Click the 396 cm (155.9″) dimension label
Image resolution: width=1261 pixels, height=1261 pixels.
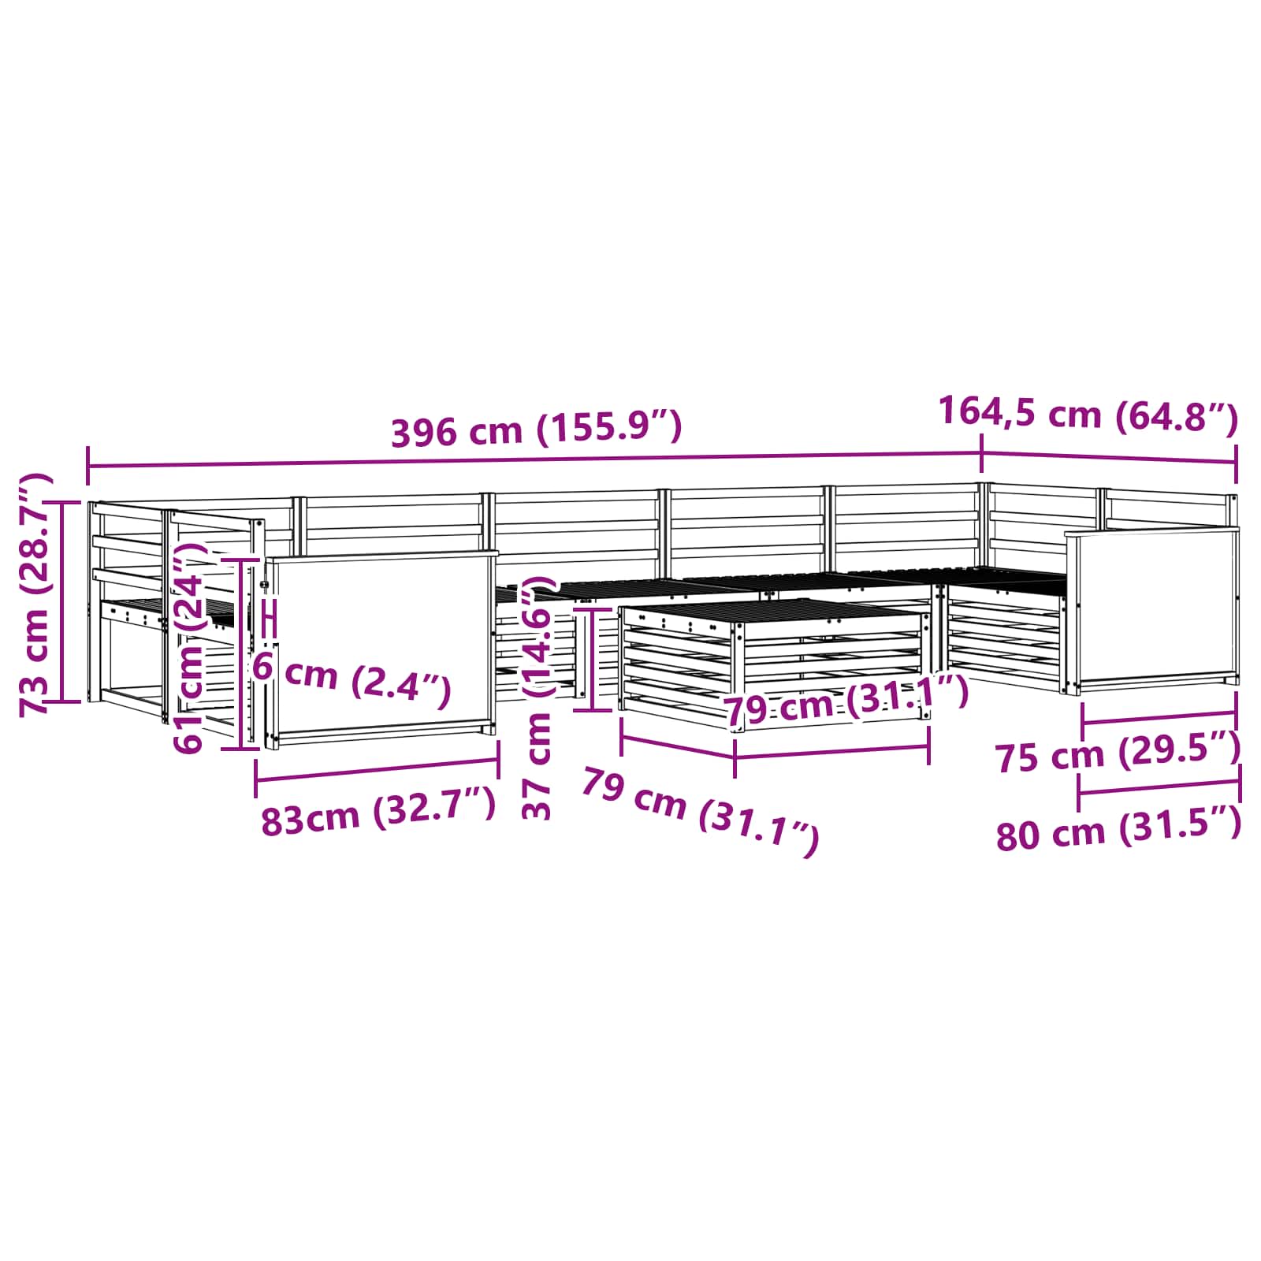(536, 430)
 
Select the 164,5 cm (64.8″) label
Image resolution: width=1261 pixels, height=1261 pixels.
(1089, 414)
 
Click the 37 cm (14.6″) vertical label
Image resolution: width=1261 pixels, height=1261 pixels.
(539, 697)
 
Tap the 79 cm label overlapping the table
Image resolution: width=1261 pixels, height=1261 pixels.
(846, 701)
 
